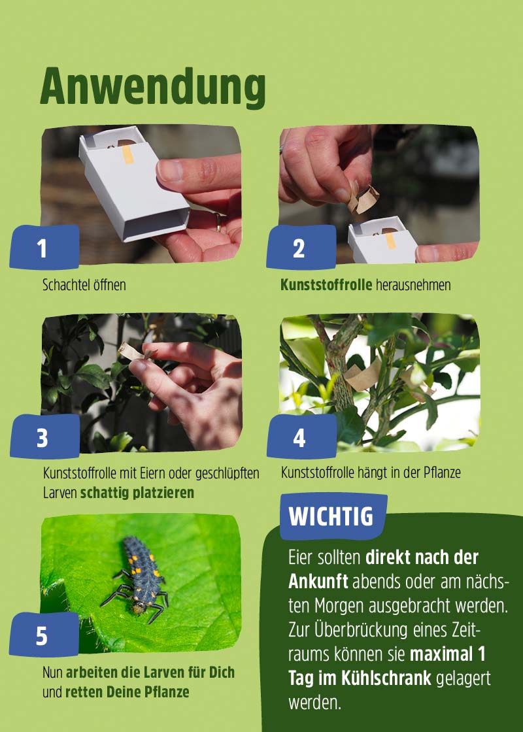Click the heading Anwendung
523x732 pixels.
[x=153, y=87]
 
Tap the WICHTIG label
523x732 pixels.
[x=331, y=516]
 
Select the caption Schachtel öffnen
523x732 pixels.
[x=84, y=285]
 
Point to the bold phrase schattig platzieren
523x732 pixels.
[x=137, y=492]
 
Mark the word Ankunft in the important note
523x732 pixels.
[x=318, y=581]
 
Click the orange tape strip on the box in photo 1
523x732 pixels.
[x=128, y=154]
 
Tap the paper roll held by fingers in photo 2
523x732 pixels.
[x=363, y=198]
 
